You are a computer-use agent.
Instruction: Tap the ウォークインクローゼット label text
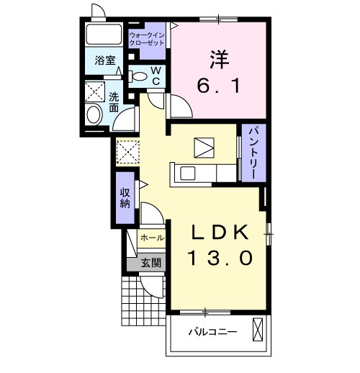[x=147, y=39]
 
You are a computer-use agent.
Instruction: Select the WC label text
[x=156, y=76]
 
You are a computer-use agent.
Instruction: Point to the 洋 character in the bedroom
[x=220, y=57]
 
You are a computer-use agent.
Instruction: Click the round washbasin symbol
[x=94, y=115]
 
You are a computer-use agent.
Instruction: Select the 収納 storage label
[x=125, y=196]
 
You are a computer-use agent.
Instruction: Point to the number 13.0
[x=220, y=258]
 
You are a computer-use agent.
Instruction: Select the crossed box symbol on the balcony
[x=260, y=332]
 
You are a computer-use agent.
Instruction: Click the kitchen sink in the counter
[x=187, y=173]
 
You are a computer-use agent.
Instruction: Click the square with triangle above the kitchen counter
[x=204, y=146]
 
